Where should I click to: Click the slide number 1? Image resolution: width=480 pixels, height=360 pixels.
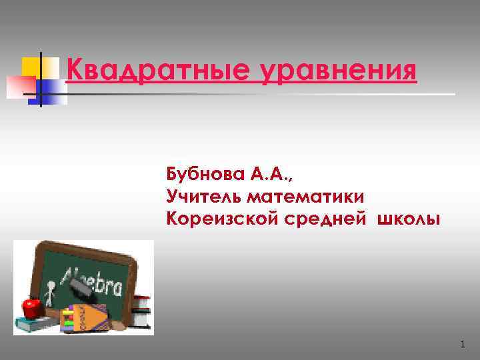[461, 344]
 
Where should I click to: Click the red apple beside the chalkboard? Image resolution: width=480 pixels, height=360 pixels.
[31, 308]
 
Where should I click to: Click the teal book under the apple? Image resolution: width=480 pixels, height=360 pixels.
[37, 325]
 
